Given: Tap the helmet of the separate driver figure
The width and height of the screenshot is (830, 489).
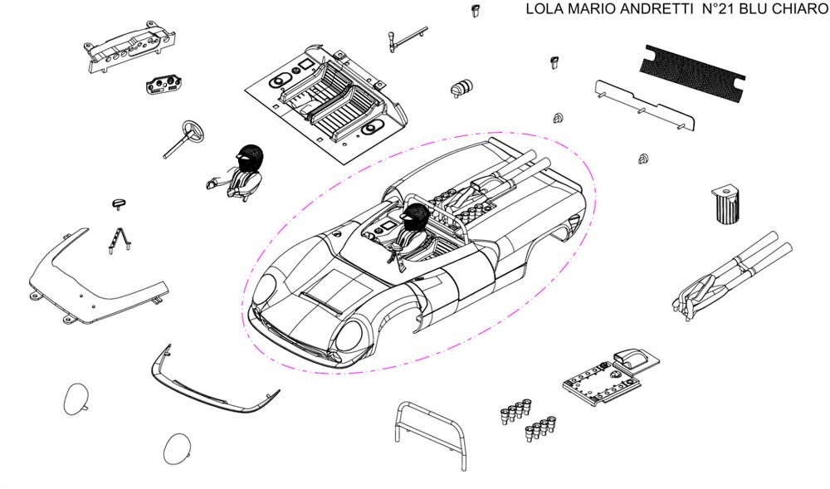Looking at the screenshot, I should click(248, 157).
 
